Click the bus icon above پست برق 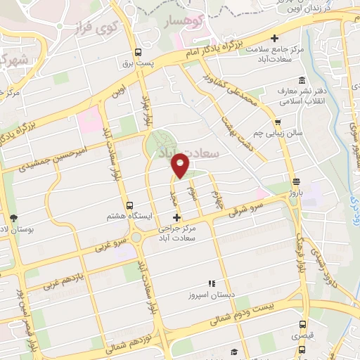click(x=138, y=52)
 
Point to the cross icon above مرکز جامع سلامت click(x=275, y=38)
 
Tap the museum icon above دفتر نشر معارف click(x=302, y=79)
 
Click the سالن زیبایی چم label click(x=277, y=132)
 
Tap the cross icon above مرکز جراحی click(x=176, y=217)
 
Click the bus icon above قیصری click(x=303, y=325)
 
